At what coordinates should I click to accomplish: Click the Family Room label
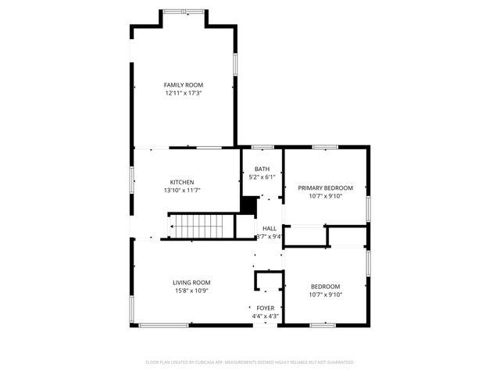click(x=183, y=84)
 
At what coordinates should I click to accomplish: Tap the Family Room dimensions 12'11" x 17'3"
click(x=183, y=93)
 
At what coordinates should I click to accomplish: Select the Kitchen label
click(x=182, y=182)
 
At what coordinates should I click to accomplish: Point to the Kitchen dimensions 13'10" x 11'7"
click(x=182, y=191)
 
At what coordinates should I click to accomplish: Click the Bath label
click(x=262, y=169)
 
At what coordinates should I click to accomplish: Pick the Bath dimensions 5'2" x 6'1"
click(x=262, y=177)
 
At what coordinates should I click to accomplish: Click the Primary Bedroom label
click(x=325, y=187)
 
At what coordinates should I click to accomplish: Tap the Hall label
click(x=270, y=228)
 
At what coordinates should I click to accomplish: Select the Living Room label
click(x=191, y=282)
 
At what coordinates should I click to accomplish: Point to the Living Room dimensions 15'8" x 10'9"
click(x=191, y=291)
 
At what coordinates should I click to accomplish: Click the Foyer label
click(x=266, y=308)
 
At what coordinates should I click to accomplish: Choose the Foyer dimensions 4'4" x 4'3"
click(x=266, y=316)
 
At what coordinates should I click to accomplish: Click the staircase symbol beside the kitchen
click(x=202, y=227)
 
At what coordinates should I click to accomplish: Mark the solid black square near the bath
click(x=249, y=205)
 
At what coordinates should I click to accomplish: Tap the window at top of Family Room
click(x=184, y=10)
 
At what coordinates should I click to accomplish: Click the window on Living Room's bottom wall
click(x=163, y=324)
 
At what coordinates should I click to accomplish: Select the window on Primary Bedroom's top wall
click(x=324, y=146)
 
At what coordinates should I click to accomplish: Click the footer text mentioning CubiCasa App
click(x=250, y=362)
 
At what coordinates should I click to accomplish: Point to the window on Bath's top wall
click(x=262, y=146)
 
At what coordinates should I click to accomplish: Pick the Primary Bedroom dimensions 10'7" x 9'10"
click(x=325, y=196)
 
